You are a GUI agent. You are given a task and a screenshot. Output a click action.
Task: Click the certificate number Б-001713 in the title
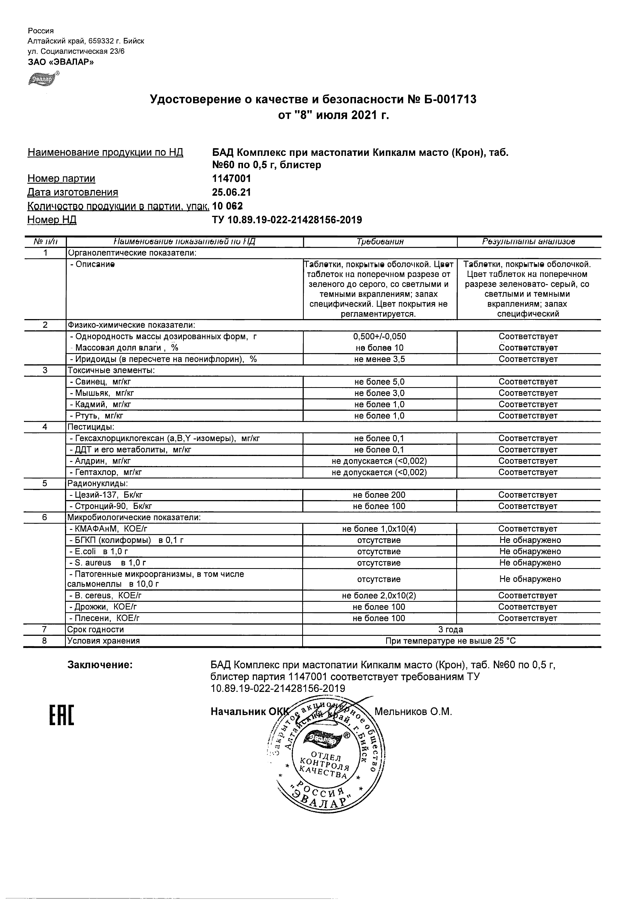click(x=449, y=99)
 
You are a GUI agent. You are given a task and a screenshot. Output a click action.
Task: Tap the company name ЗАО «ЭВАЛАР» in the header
click(x=61, y=61)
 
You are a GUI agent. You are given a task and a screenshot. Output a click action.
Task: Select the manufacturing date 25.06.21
click(x=231, y=192)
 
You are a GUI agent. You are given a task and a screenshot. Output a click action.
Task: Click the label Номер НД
click(x=52, y=220)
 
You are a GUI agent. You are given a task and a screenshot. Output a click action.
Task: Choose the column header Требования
click(x=380, y=242)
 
